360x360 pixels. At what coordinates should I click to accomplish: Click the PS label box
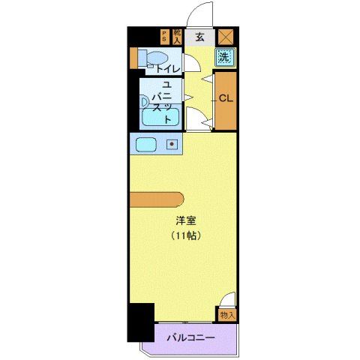[165, 36]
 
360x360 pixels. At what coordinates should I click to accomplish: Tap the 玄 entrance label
[199, 35]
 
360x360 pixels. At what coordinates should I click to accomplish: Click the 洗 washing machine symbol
[224, 56]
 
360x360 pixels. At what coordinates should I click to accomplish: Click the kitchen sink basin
[145, 143]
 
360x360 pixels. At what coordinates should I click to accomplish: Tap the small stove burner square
[172, 143]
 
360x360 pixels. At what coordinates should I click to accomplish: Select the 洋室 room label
[187, 221]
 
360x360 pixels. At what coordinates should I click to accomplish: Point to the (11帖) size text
[187, 235]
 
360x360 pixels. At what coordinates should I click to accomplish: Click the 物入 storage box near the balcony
[228, 315]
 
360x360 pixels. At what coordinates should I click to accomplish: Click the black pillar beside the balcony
[140, 322]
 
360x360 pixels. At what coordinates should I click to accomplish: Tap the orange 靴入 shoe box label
[177, 36]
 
